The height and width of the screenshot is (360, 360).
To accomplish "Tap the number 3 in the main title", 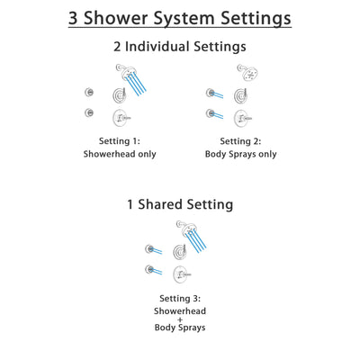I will coord(76,17).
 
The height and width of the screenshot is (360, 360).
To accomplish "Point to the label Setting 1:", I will coord(120,140).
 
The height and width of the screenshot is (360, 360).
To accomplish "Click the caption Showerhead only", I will coord(120,154).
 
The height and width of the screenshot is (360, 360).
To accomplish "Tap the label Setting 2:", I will coord(240,140).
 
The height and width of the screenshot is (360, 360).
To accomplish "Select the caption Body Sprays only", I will coord(240,154).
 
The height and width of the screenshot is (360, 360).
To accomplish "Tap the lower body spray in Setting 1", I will coord(87,112).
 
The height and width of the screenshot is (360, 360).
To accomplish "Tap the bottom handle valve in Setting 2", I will coord(241,117).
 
